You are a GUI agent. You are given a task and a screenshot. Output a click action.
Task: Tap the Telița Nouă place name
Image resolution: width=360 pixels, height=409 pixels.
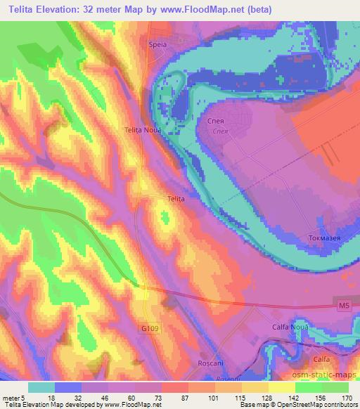(x=143, y=131)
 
